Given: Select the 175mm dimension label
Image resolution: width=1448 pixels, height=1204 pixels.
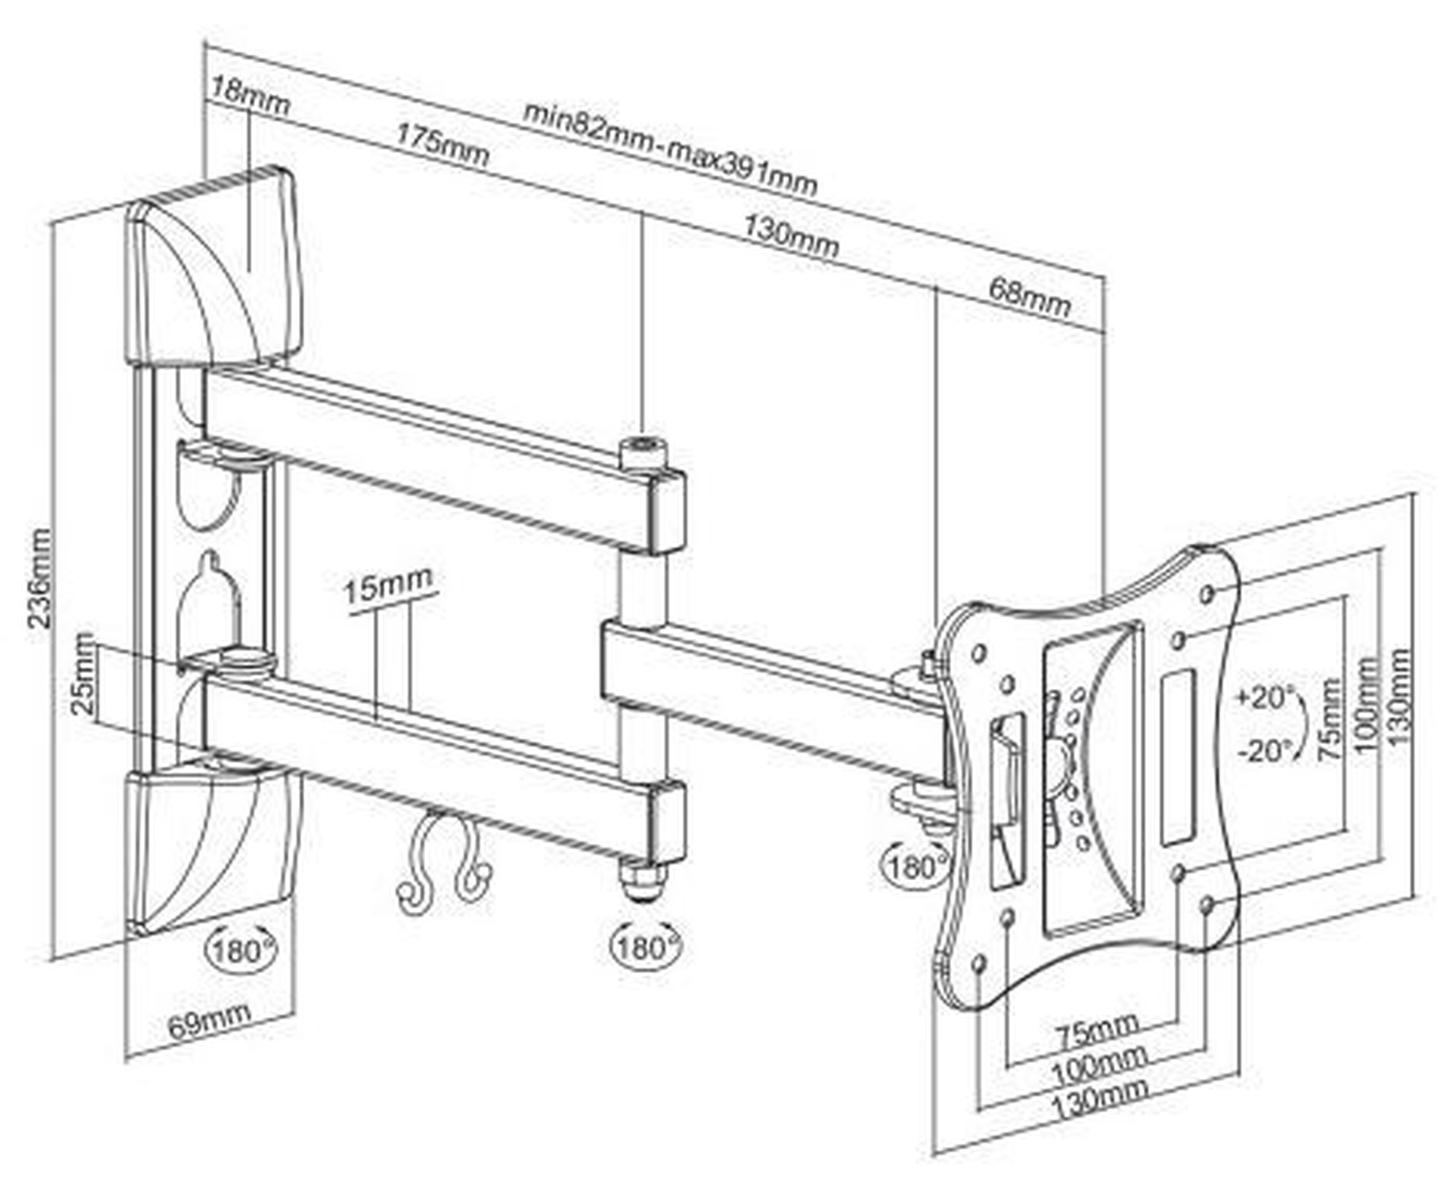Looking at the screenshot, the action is coord(442,145).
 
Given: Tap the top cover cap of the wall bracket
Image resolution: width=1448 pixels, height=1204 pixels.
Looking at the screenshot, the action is coord(214,264).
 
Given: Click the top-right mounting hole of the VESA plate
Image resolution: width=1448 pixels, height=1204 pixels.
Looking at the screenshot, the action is coord(1207,595).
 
